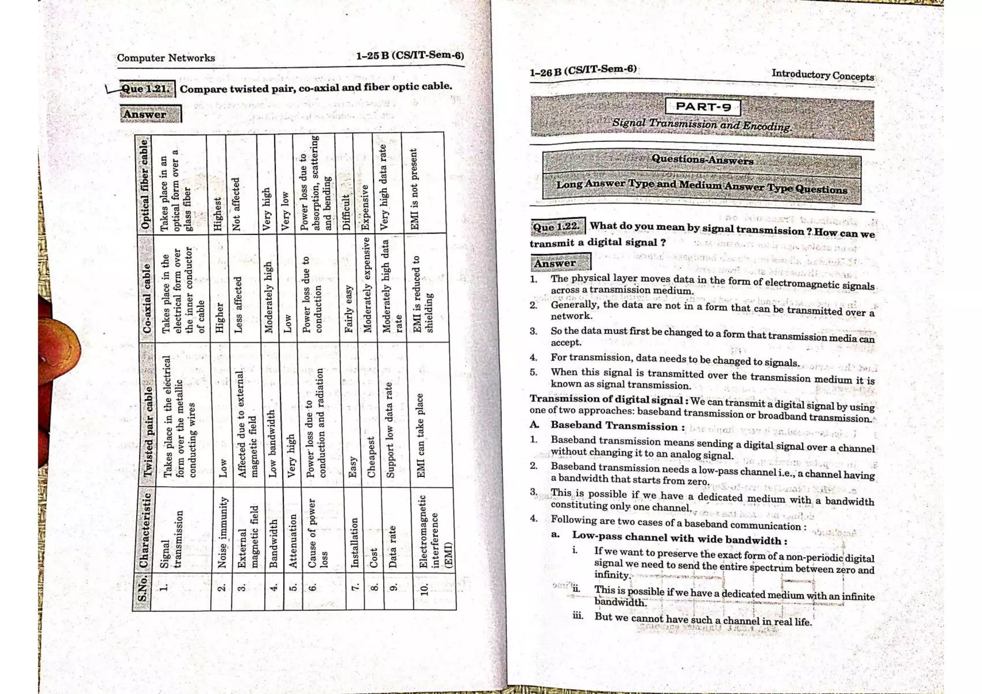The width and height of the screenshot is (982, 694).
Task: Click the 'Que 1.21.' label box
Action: point(146,89)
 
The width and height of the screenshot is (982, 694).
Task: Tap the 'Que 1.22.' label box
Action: point(557,226)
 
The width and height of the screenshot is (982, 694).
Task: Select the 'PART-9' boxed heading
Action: point(702,107)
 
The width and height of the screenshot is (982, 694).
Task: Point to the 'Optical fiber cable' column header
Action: point(144,185)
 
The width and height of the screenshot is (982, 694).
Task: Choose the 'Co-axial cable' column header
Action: point(147,297)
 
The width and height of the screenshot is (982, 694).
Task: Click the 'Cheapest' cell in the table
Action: point(371,457)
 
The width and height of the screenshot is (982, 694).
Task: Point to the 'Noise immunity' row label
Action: point(222,532)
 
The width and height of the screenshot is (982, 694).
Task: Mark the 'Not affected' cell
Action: point(236,204)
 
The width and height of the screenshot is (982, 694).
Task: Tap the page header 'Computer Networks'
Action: point(166,58)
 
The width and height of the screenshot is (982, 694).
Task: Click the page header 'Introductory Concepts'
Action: point(822,75)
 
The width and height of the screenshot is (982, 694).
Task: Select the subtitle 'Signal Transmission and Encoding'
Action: point(701,124)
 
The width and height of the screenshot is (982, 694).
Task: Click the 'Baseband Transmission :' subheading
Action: point(617,426)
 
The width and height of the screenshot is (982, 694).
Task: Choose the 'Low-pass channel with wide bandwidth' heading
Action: point(678,538)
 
